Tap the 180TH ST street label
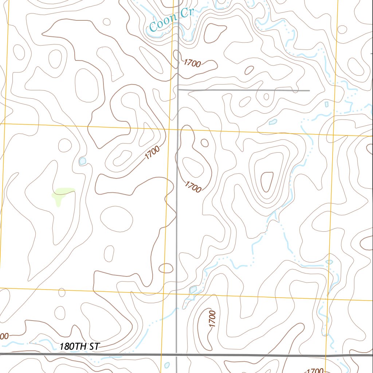point(79,346)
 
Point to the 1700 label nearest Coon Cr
point(192,63)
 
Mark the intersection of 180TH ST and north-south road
point(177,354)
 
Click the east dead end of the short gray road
point(309,90)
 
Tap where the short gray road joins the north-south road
point(178,89)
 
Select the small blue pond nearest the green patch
point(83,161)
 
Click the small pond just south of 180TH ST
point(167,365)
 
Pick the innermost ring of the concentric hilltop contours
point(267,181)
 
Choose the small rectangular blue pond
point(327,105)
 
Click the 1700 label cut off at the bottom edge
point(313,370)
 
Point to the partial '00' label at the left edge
point(4,336)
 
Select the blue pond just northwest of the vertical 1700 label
point(193,290)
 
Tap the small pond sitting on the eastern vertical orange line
point(329,262)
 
